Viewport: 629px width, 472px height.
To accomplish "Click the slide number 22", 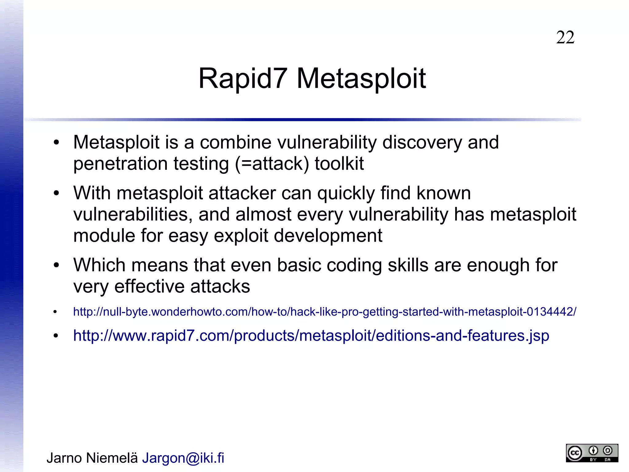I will point(565,38).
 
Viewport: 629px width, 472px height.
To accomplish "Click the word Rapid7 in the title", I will point(243,78).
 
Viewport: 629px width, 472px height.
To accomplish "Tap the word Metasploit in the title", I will point(361,79).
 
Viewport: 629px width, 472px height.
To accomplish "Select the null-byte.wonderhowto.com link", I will point(325,312).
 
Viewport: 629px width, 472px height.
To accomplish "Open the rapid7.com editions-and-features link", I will point(311,335).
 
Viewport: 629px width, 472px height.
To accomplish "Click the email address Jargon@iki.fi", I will point(183,458).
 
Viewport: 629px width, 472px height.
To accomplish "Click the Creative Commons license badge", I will point(592,453).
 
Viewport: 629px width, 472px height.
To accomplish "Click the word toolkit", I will point(339,163).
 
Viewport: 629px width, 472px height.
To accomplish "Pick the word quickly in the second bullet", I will point(346,193).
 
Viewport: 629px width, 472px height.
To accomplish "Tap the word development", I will point(328,236).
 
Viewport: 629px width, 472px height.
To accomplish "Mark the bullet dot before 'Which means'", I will point(56,265).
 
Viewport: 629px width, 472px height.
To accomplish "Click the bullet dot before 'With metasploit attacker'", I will point(56,193).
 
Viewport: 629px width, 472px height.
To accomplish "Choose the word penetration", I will point(120,163).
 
